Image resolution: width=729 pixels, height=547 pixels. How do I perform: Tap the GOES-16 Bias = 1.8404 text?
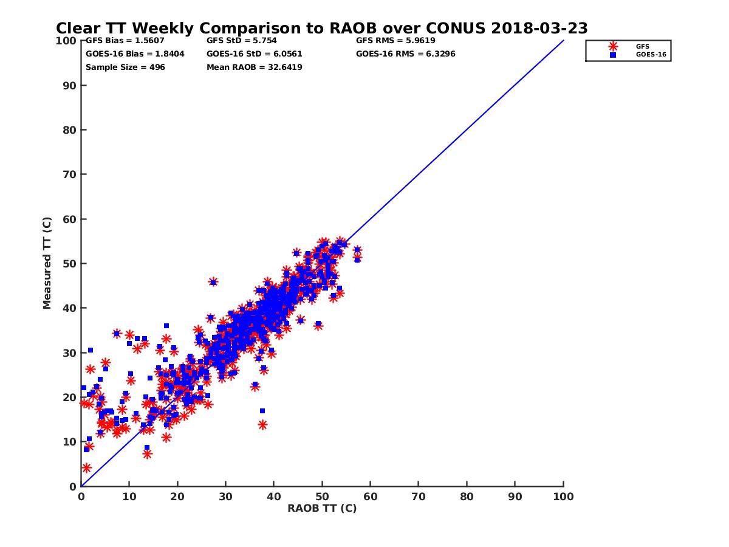pos(135,53)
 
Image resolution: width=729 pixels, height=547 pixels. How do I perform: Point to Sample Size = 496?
pos(125,67)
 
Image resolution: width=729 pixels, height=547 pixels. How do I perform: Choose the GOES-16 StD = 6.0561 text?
pos(254,53)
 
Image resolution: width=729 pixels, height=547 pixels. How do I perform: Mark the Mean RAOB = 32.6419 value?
pos(254,67)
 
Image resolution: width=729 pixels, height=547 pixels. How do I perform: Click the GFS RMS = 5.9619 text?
pos(395,41)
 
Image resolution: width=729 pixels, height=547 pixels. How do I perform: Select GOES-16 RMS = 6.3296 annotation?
pos(405,53)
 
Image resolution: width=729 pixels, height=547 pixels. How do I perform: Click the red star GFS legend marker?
pos(613,46)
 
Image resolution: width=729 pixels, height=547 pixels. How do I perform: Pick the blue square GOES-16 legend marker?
pos(613,55)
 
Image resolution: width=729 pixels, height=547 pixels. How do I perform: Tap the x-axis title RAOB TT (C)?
pos(322,508)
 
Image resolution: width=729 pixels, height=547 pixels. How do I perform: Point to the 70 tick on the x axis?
pos(419,497)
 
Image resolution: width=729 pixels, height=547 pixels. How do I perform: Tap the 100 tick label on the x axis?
pos(563,497)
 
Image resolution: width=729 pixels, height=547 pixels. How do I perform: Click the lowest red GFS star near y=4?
pos(86,468)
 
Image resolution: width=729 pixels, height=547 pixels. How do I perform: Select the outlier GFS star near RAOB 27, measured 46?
pos(213,281)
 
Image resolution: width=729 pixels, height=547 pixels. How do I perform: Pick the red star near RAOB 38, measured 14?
pos(262,425)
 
